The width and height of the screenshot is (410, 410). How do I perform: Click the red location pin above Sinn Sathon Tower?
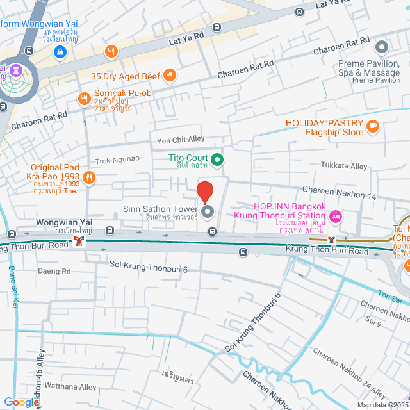point(204,192)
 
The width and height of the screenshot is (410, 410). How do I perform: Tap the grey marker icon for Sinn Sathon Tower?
point(207,211)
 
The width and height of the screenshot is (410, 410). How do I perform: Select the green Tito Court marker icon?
point(217,159)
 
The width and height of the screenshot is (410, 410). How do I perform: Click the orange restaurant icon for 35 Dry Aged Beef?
point(170,76)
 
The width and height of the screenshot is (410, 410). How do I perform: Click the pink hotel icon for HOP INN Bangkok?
point(337,218)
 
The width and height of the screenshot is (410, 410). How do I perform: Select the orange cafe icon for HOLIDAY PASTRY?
point(373,128)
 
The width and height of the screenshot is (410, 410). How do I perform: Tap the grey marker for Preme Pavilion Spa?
point(382,47)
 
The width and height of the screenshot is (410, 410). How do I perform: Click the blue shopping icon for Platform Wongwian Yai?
point(60,51)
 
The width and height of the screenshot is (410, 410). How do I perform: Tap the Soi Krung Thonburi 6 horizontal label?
point(148,269)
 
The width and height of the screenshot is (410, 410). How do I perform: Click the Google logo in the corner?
point(20,402)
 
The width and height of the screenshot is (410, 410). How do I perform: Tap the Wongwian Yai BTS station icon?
point(79,241)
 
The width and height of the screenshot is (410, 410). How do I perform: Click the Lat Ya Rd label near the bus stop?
point(186,40)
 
